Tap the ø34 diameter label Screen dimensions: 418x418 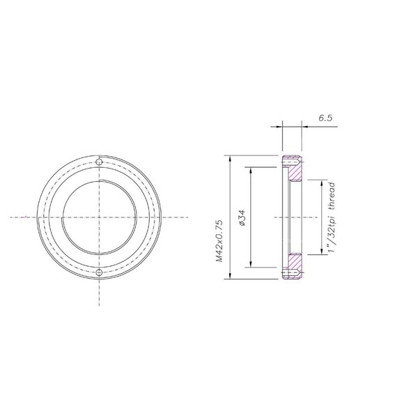241,218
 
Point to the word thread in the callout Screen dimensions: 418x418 334,197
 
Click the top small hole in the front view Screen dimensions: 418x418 100,162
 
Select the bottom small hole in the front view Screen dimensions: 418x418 100,272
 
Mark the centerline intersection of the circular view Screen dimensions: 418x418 100,217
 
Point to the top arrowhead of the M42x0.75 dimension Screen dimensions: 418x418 229,157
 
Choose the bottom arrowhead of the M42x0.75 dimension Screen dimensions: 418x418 229,277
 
